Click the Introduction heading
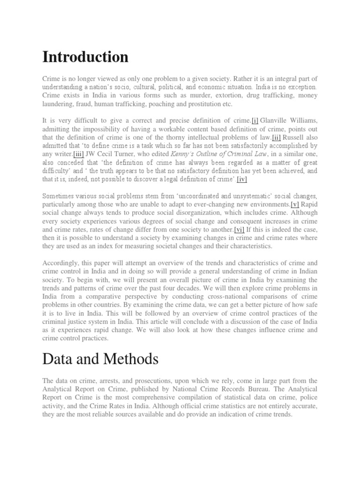tap(85, 57)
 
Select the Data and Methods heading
tap(100, 360)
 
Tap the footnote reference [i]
tap(255, 121)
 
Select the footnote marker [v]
tap(295, 204)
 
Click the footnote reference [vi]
tap(239, 230)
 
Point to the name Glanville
tap(277, 121)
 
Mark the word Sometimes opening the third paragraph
tap(59, 196)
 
